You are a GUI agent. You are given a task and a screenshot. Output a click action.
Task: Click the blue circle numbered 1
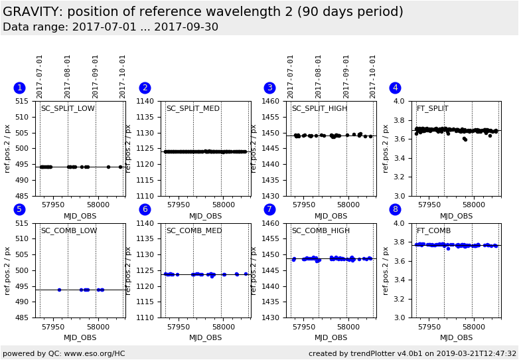click(19, 88)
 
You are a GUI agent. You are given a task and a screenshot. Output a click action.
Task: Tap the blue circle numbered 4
click(395, 88)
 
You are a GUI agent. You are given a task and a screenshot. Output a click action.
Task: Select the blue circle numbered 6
click(145, 209)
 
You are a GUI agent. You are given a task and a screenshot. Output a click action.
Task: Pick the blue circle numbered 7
click(269, 209)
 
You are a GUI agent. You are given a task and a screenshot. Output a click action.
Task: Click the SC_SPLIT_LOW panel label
click(68, 109)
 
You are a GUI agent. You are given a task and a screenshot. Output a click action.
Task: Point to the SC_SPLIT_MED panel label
click(192, 109)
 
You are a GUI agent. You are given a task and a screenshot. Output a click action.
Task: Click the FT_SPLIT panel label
click(432, 109)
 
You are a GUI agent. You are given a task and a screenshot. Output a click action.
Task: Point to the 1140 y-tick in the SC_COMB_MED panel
click(147, 224)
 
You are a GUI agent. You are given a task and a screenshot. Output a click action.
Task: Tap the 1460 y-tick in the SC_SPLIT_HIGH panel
click(273, 102)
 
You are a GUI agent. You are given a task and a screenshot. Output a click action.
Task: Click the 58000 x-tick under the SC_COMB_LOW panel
click(98, 327)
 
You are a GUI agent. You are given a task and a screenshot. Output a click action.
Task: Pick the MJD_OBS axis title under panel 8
click(456, 337)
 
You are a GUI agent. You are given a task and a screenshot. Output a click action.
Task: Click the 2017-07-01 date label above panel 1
click(40, 76)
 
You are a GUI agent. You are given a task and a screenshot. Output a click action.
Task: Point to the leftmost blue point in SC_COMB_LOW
click(59, 290)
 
